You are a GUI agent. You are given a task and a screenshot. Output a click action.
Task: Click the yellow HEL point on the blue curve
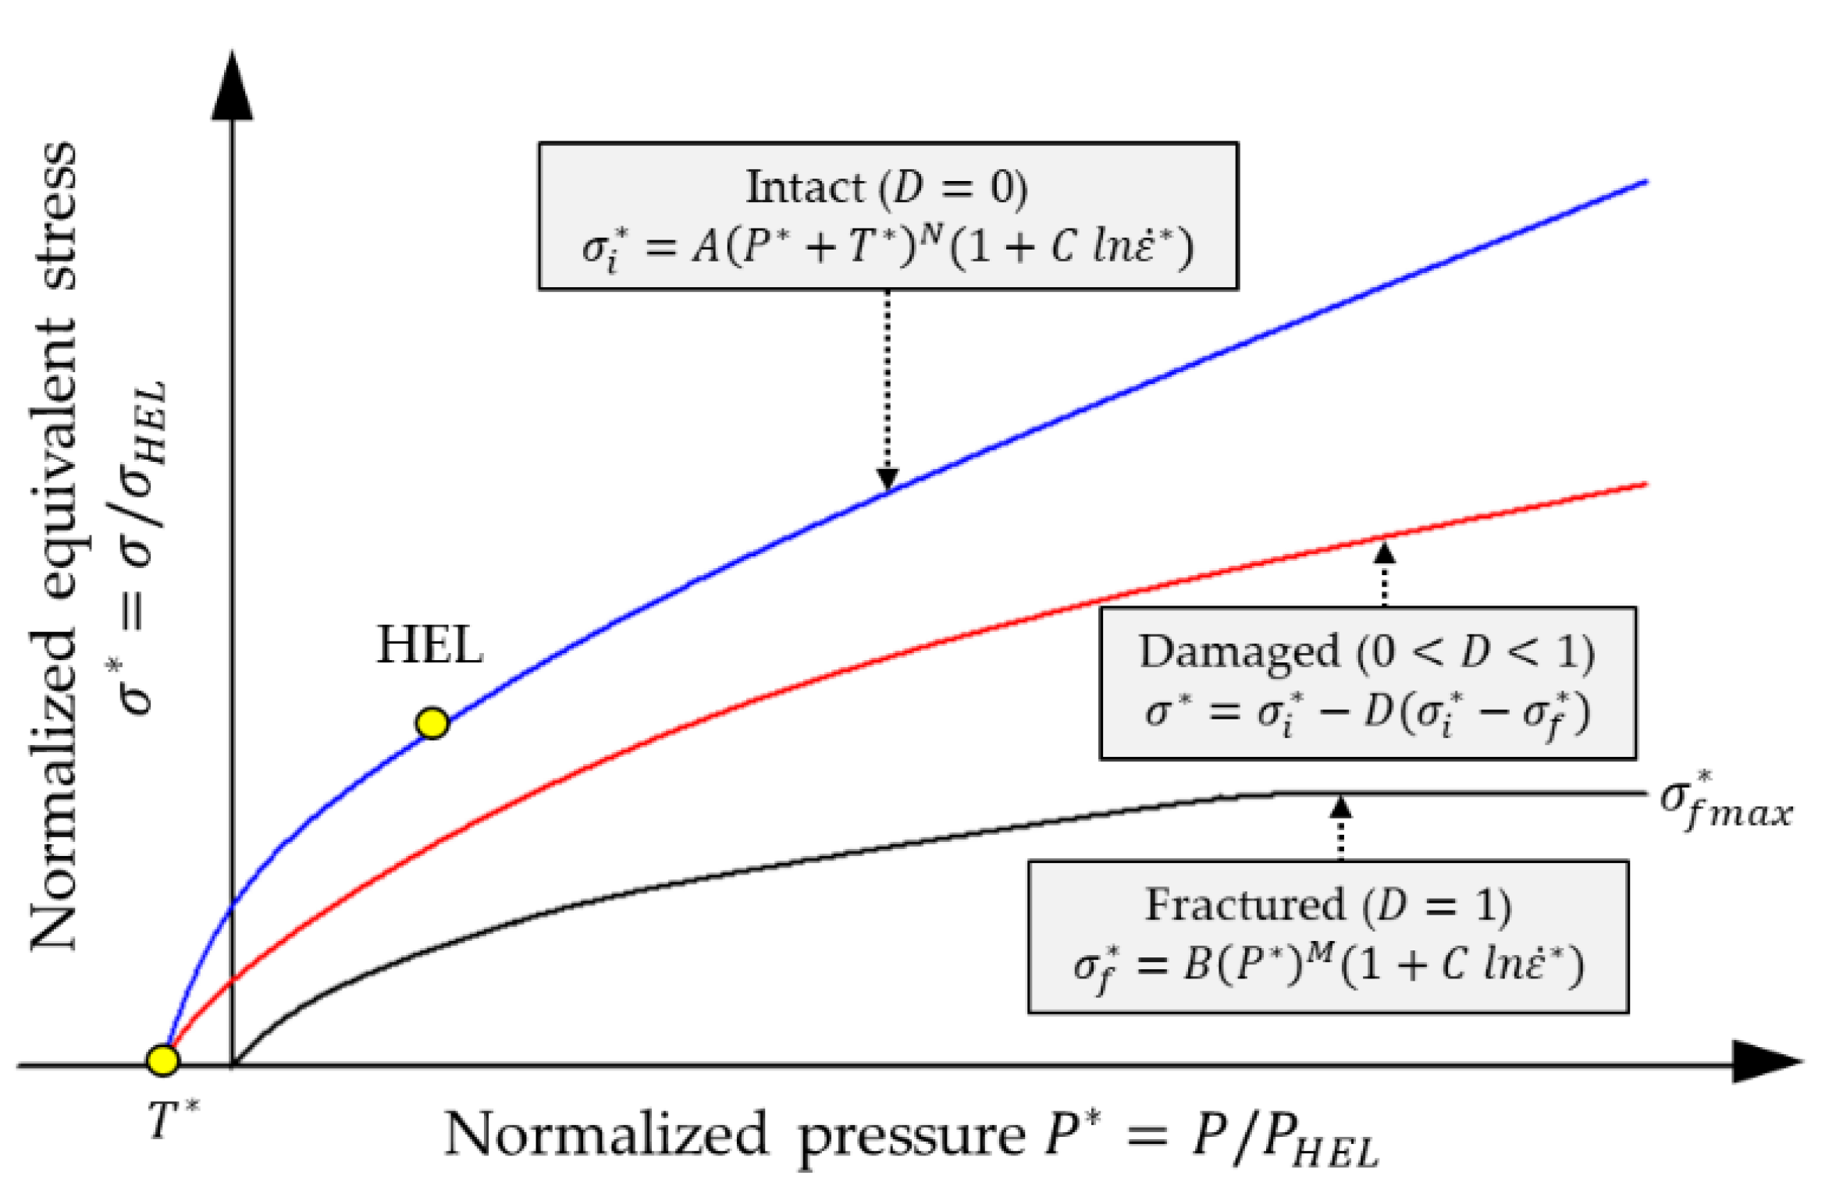pos(432,723)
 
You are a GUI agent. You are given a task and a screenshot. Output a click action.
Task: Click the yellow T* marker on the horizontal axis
pos(163,1060)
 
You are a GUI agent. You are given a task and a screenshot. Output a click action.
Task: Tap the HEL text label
pos(429,646)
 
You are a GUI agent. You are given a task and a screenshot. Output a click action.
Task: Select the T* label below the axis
pos(173,1120)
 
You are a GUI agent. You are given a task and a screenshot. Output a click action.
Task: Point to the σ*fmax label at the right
pos(1725,804)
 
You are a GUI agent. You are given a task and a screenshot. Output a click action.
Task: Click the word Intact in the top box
pos(805,188)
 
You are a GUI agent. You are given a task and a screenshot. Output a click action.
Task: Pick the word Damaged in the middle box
pos(1239,652)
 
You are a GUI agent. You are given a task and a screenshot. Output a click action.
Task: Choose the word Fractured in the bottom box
pos(1245,905)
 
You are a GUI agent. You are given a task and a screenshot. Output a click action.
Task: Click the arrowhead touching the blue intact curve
pos(887,478)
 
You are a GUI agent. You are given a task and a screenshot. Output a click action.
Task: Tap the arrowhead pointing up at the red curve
pos(1384,553)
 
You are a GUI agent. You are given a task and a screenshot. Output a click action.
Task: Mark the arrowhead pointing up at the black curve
pos(1340,807)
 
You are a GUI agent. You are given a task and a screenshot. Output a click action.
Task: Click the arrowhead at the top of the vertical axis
pos(232,87)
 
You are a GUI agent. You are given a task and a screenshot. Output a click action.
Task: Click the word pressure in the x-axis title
pos(911,1136)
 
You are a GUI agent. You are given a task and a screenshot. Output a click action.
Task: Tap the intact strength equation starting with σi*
pos(888,248)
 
